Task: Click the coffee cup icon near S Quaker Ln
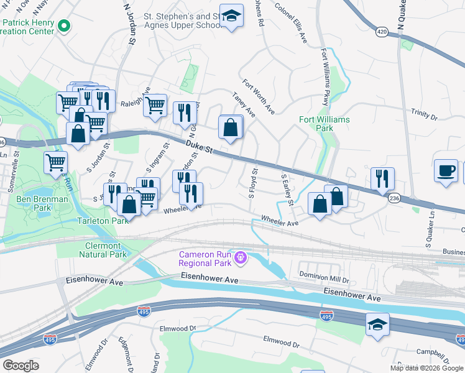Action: [445, 170]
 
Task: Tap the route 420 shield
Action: [382, 30]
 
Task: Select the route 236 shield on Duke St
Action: [394, 197]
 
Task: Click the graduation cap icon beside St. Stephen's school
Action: [231, 16]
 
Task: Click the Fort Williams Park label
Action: [324, 124]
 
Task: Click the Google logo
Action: [21, 365]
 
